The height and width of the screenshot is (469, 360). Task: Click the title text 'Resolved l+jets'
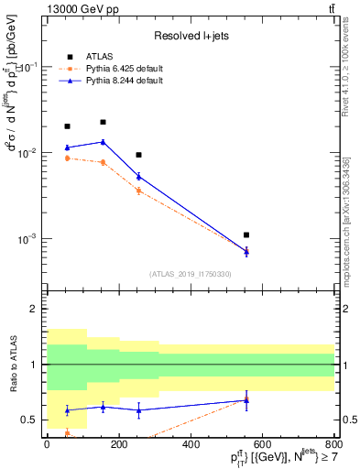tap(191, 35)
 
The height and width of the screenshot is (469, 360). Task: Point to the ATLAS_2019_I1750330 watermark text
tap(191, 274)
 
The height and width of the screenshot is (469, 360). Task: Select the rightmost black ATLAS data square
tap(246, 235)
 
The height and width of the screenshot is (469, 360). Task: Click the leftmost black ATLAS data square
tap(67, 126)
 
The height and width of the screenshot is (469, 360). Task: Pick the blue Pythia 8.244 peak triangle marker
tap(103, 142)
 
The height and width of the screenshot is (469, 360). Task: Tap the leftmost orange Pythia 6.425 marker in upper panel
tap(67, 158)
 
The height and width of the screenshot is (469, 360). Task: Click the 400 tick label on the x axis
tap(191, 444)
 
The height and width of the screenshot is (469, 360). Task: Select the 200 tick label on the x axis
tap(118, 444)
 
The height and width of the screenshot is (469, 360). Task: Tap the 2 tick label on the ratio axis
tap(33, 309)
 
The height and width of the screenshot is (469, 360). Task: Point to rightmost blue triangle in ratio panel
tap(246, 399)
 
